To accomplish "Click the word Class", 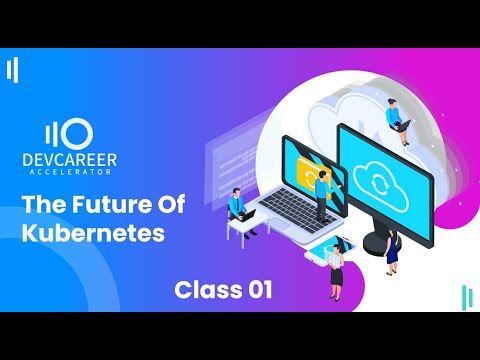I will tap(207, 290).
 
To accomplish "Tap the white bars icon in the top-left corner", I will tap(12, 70).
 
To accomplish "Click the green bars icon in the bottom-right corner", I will tap(466, 298).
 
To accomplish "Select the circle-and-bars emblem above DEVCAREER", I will tap(69, 133).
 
